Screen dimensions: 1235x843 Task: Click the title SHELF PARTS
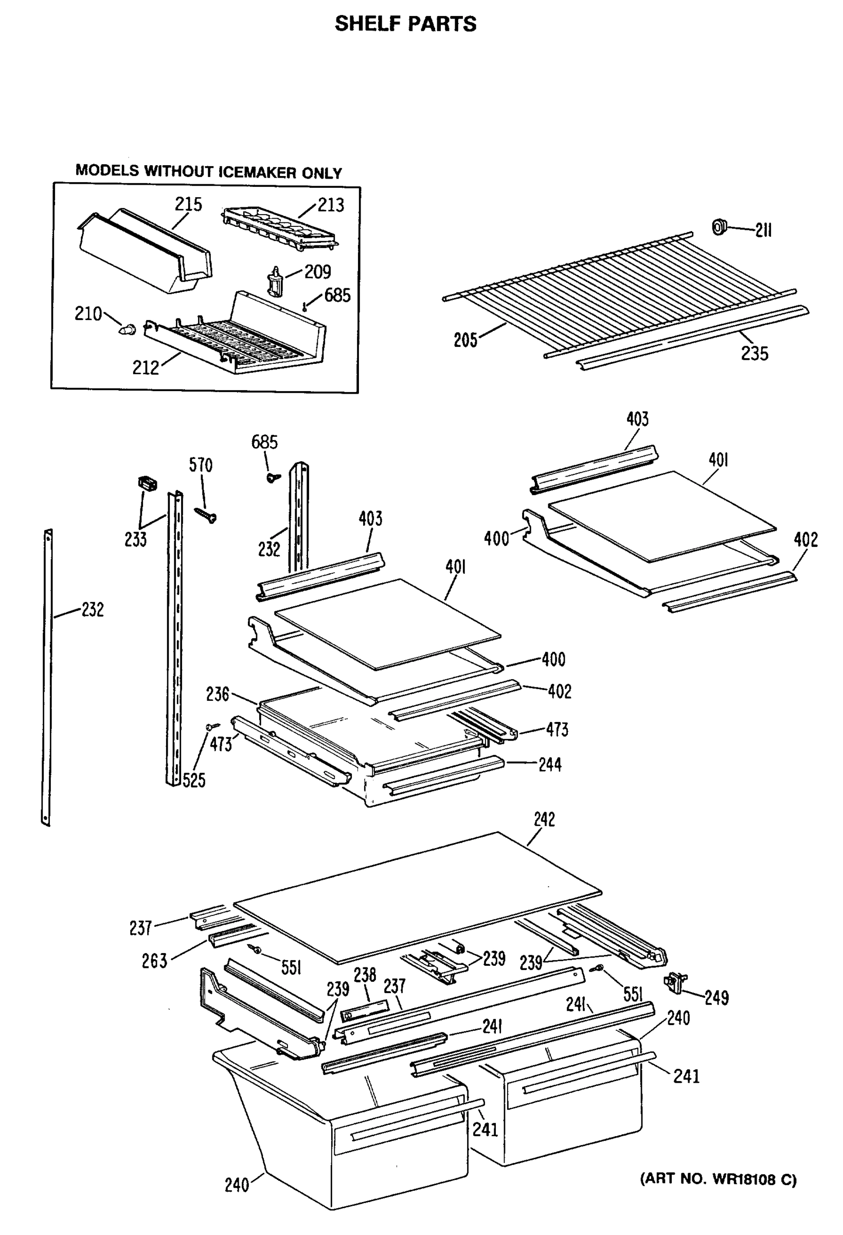coord(405,24)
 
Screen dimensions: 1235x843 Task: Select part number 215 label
coord(189,204)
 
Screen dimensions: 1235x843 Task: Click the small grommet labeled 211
coord(719,227)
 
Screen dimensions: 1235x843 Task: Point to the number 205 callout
coord(465,340)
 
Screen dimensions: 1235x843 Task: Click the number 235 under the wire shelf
coord(755,354)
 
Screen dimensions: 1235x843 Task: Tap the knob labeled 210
coord(127,330)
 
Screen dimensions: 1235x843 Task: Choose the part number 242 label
coord(544,819)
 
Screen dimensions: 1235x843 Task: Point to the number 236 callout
coord(217,694)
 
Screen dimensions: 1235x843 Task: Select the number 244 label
coord(550,765)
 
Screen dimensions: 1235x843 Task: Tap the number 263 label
coord(154,961)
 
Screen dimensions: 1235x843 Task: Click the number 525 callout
coord(194,780)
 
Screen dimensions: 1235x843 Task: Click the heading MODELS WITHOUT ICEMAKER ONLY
coord(208,171)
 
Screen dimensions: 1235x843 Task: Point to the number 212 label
coord(145,368)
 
